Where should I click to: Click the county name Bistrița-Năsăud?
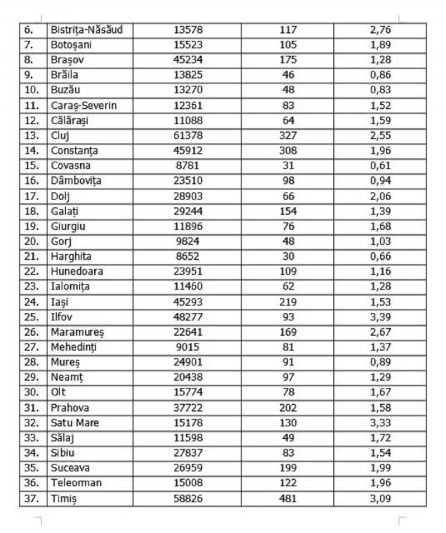(x=86, y=30)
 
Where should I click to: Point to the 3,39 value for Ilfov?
(x=381, y=317)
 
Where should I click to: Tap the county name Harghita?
(x=71, y=256)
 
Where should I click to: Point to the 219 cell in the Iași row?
(x=288, y=302)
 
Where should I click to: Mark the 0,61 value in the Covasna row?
(x=381, y=166)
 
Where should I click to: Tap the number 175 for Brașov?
(x=288, y=60)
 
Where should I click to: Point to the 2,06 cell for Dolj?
(x=381, y=196)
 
